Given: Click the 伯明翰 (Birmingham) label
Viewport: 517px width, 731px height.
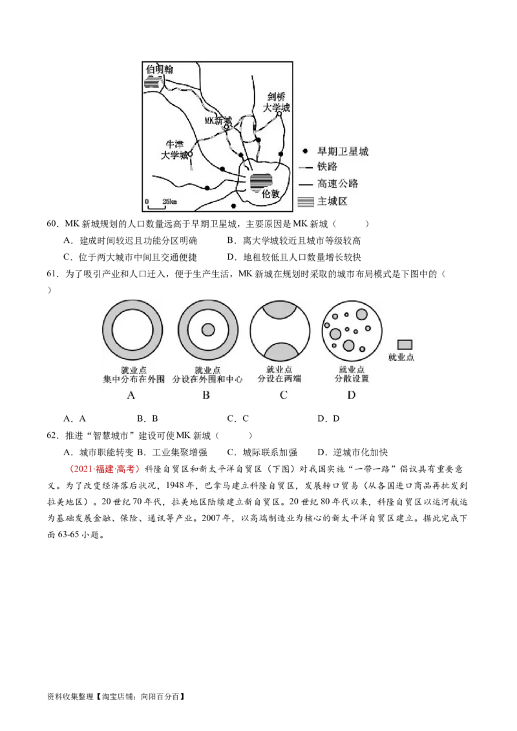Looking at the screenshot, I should coord(160,69).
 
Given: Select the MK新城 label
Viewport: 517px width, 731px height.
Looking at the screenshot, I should coord(218,120).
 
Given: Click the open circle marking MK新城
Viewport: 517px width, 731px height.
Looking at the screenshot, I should coord(227,128).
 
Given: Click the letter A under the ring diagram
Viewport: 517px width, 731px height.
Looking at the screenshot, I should coord(131,395).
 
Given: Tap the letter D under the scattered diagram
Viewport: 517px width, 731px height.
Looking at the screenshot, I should coord(351,395).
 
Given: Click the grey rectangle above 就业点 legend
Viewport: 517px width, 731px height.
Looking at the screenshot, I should coord(406,344).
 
